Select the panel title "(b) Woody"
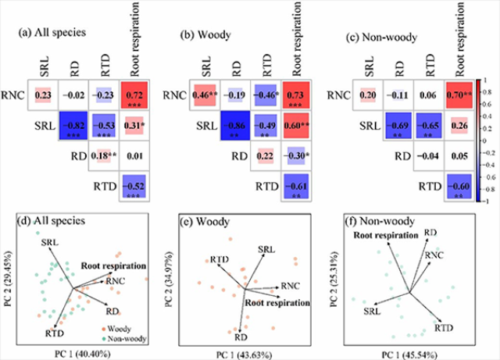tap(201, 34)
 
